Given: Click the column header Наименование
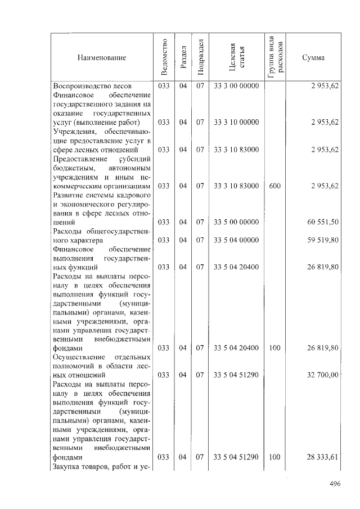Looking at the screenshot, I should click(x=102, y=57).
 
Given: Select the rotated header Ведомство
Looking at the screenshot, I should click(x=163, y=57).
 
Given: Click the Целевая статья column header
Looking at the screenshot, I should click(x=236, y=57).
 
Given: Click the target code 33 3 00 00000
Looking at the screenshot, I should click(x=236, y=86).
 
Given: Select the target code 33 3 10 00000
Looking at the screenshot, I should click(x=236, y=122).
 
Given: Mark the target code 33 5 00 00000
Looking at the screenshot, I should click(x=236, y=222).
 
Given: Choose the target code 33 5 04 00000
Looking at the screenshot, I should click(x=236, y=240).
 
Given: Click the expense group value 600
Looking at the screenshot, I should click(x=275, y=186).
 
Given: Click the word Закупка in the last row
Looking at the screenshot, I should click(x=67, y=467).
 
